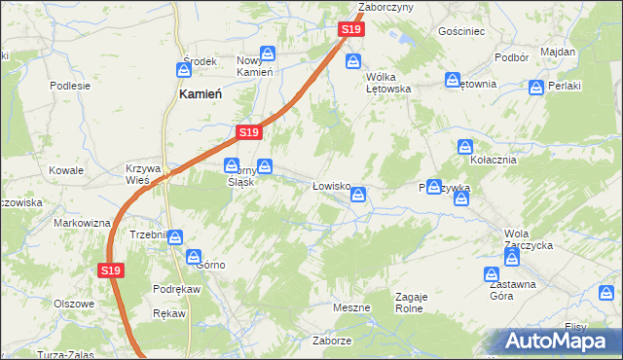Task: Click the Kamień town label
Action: click(x=202, y=94)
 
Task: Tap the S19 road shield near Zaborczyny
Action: click(x=352, y=31)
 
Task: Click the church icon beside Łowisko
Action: click(x=359, y=196)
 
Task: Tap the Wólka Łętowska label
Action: click(x=387, y=82)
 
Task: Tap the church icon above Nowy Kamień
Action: click(x=269, y=54)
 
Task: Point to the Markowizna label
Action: click(x=82, y=224)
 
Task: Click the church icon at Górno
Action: click(x=194, y=257)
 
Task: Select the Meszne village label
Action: click(x=350, y=307)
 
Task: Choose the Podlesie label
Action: click(x=70, y=85)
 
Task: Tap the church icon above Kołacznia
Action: click(x=466, y=147)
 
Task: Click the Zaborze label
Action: click(x=331, y=342)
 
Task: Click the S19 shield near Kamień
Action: click(x=248, y=131)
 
